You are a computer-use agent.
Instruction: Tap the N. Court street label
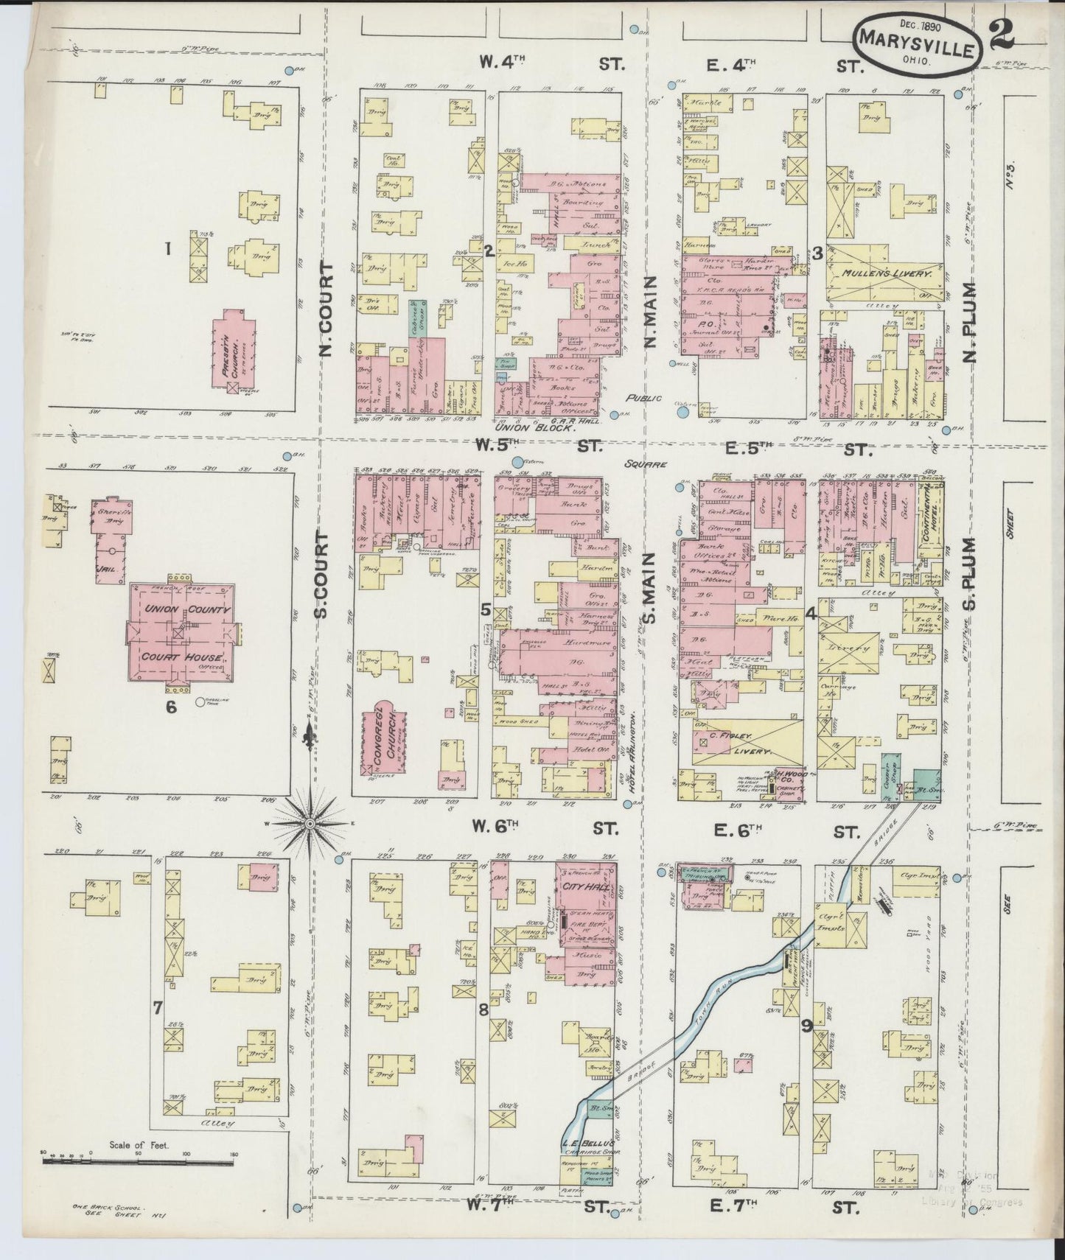[327, 309]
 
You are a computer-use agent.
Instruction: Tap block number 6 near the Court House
[171, 706]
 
